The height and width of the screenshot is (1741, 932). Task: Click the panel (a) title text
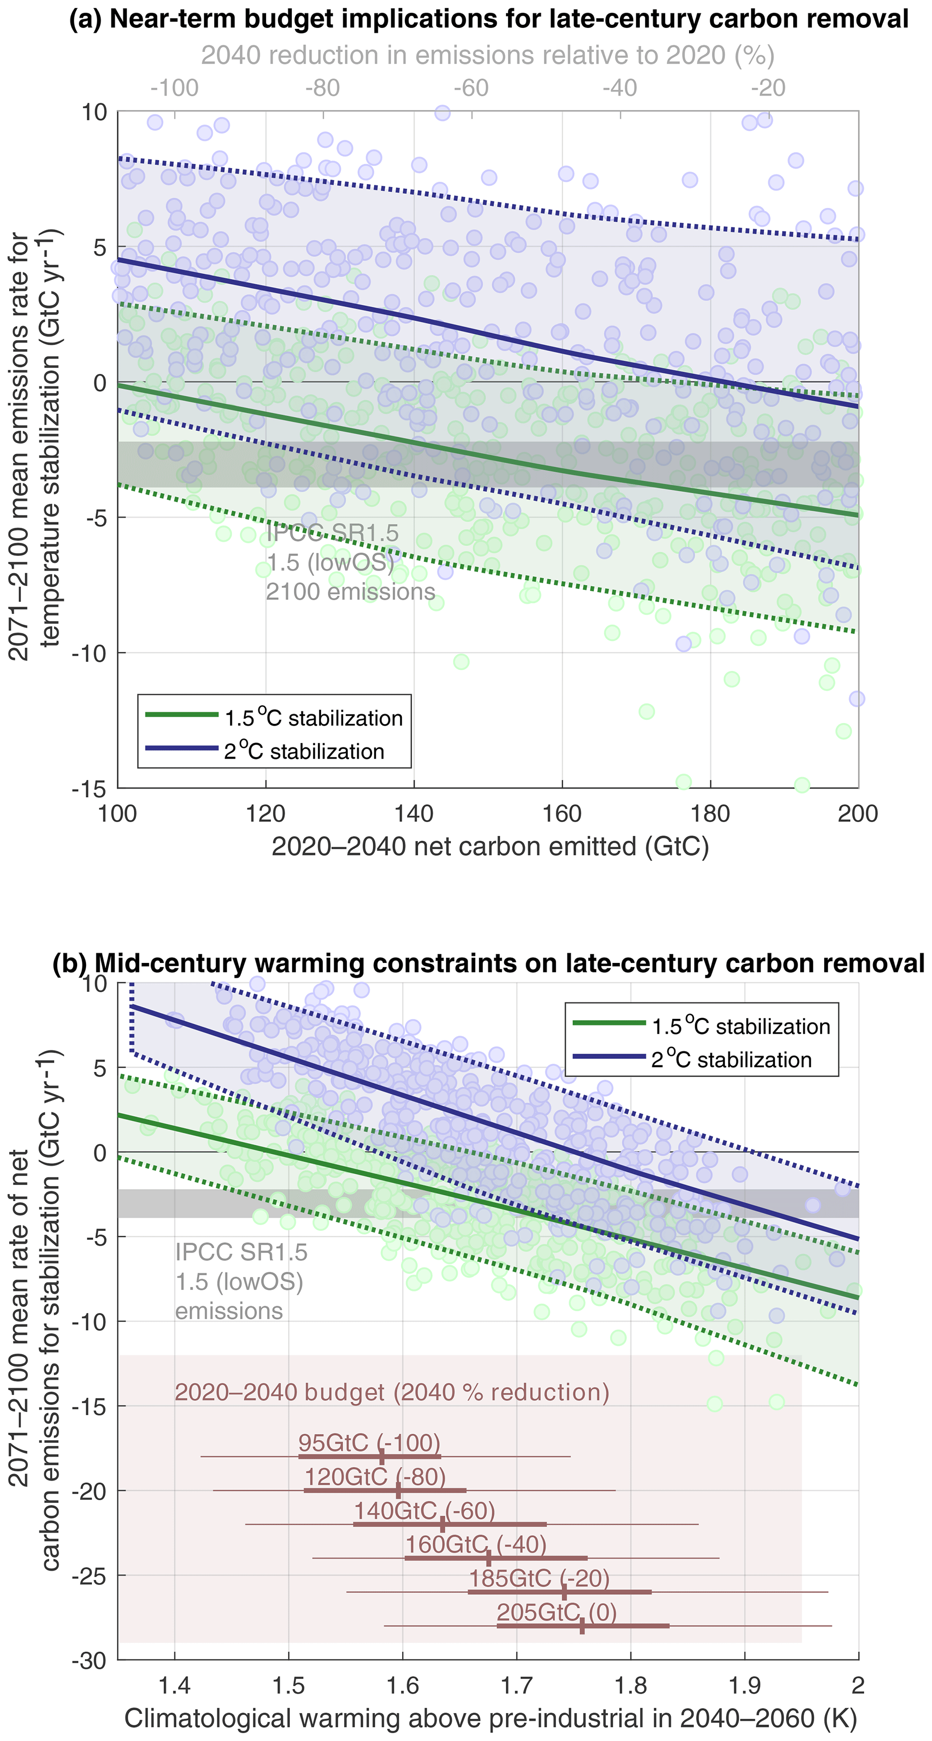pyautogui.click(x=489, y=19)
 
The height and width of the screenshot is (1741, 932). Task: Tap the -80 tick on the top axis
pyautogui.click(x=322, y=88)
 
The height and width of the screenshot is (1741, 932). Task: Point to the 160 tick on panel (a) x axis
pyautogui.click(x=562, y=813)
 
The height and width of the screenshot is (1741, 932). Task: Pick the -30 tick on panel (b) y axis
pyautogui.click(x=89, y=1661)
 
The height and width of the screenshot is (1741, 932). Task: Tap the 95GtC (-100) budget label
pyautogui.click(x=369, y=1443)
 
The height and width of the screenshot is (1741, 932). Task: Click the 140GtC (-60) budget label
pyautogui.click(x=424, y=1511)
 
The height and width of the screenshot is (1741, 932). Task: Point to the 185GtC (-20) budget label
pyautogui.click(x=539, y=1579)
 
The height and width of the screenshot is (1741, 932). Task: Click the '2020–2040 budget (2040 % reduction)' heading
pyautogui.click(x=392, y=1392)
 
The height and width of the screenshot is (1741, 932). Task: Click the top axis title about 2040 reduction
pyautogui.click(x=487, y=55)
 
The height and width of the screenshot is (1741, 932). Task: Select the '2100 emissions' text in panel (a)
pyautogui.click(x=350, y=592)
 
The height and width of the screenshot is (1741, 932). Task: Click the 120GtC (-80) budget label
pyautogui.click(x=375, y=1477)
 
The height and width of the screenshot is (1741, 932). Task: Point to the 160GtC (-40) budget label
pyautogui.click(x=476, y=1544)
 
